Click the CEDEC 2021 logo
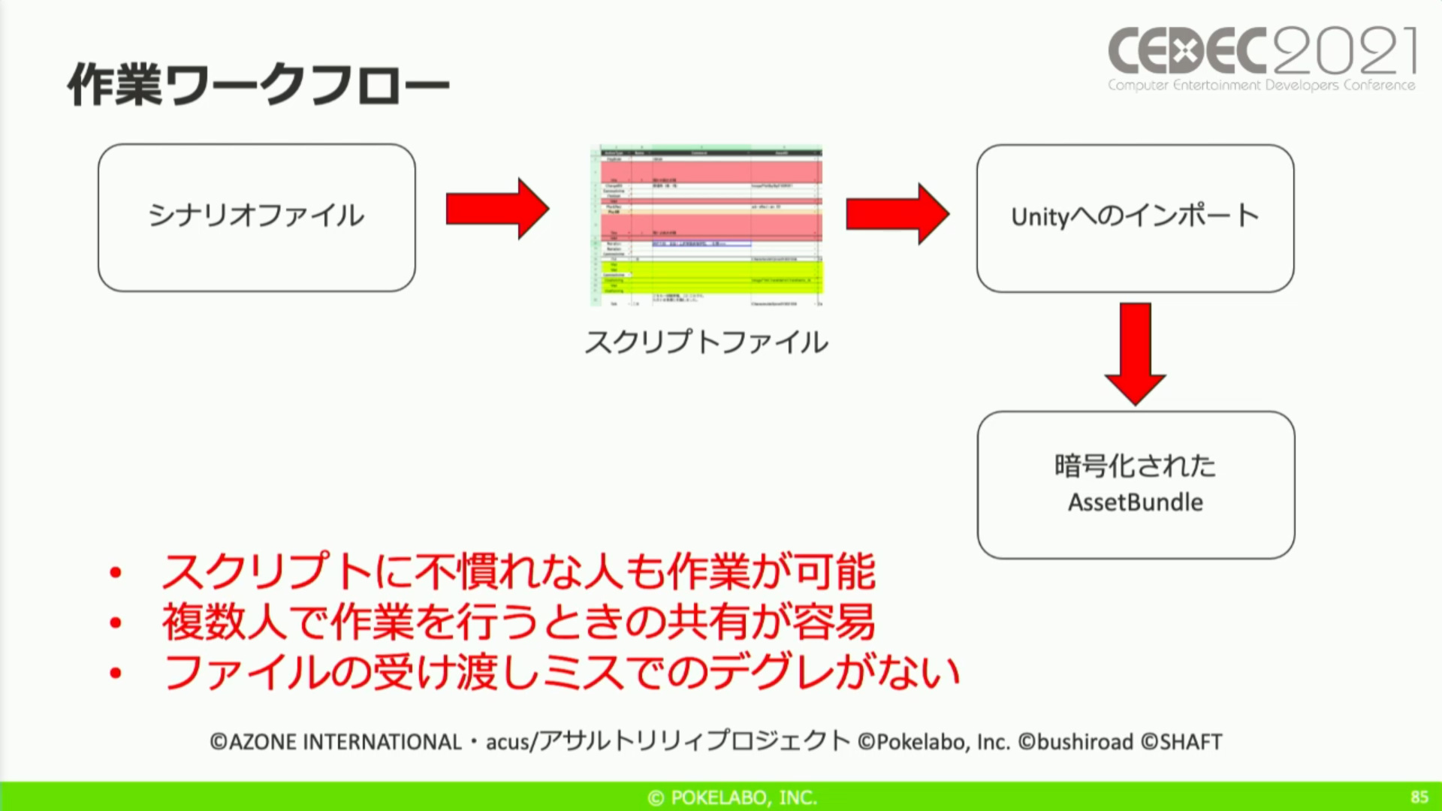pos(1262,60)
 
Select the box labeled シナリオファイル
pos(256,217)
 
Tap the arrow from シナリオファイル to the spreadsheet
pos(497,209)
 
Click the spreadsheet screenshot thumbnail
pos(707,225)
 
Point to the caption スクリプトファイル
pos(706,342)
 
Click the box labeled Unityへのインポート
pos(1135,218)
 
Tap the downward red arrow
pos(1135,353)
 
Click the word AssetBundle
pos(1136,502)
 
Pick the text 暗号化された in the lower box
pos(1135,466)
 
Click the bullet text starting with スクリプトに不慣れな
pos(518,572)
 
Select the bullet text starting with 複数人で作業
pos(518,622)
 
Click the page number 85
pos(1419,797)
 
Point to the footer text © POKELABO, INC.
pos(732,797)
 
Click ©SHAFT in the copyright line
pos(1181,742)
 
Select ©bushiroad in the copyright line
pos(1075,742)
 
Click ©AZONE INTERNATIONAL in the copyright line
pos(336,742)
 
